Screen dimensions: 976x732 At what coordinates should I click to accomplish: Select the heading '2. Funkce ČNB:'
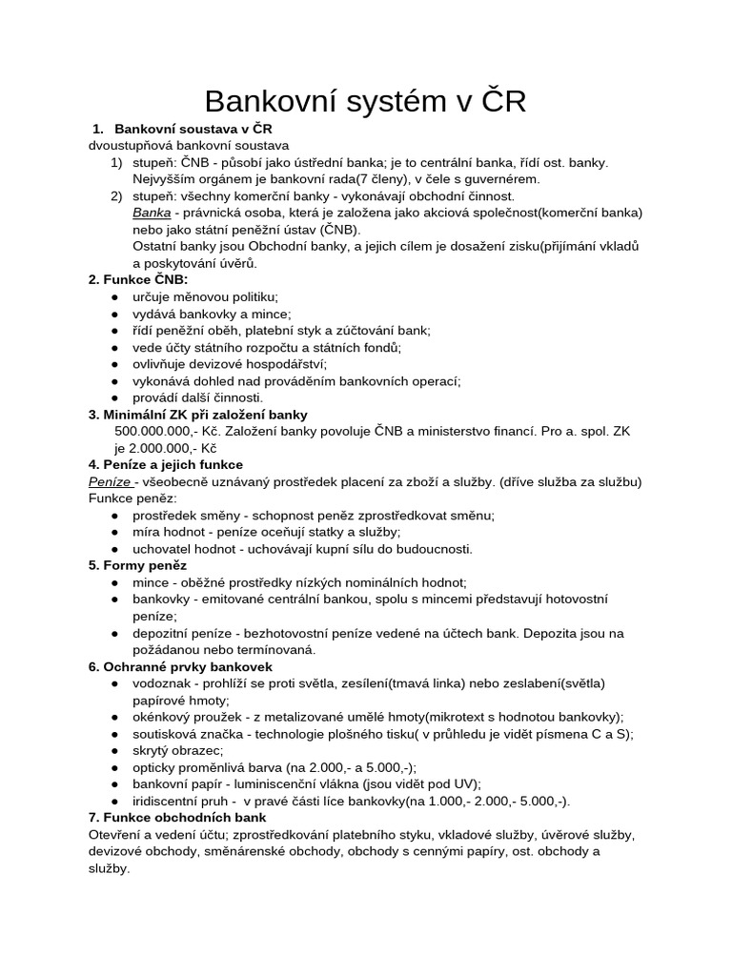(x=137, y=279)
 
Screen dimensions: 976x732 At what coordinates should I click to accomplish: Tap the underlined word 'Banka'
(x=152, y=213)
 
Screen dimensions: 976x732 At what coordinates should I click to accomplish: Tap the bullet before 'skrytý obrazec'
(x=115, y=750)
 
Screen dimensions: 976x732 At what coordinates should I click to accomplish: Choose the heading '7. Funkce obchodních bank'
(x=177, y=817)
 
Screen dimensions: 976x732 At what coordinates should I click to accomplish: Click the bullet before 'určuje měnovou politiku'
(x=115, y=296)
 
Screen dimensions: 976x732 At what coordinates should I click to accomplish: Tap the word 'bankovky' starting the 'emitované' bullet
(x=163, y=599)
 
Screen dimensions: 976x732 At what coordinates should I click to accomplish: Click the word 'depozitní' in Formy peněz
(x=163, y=633)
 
